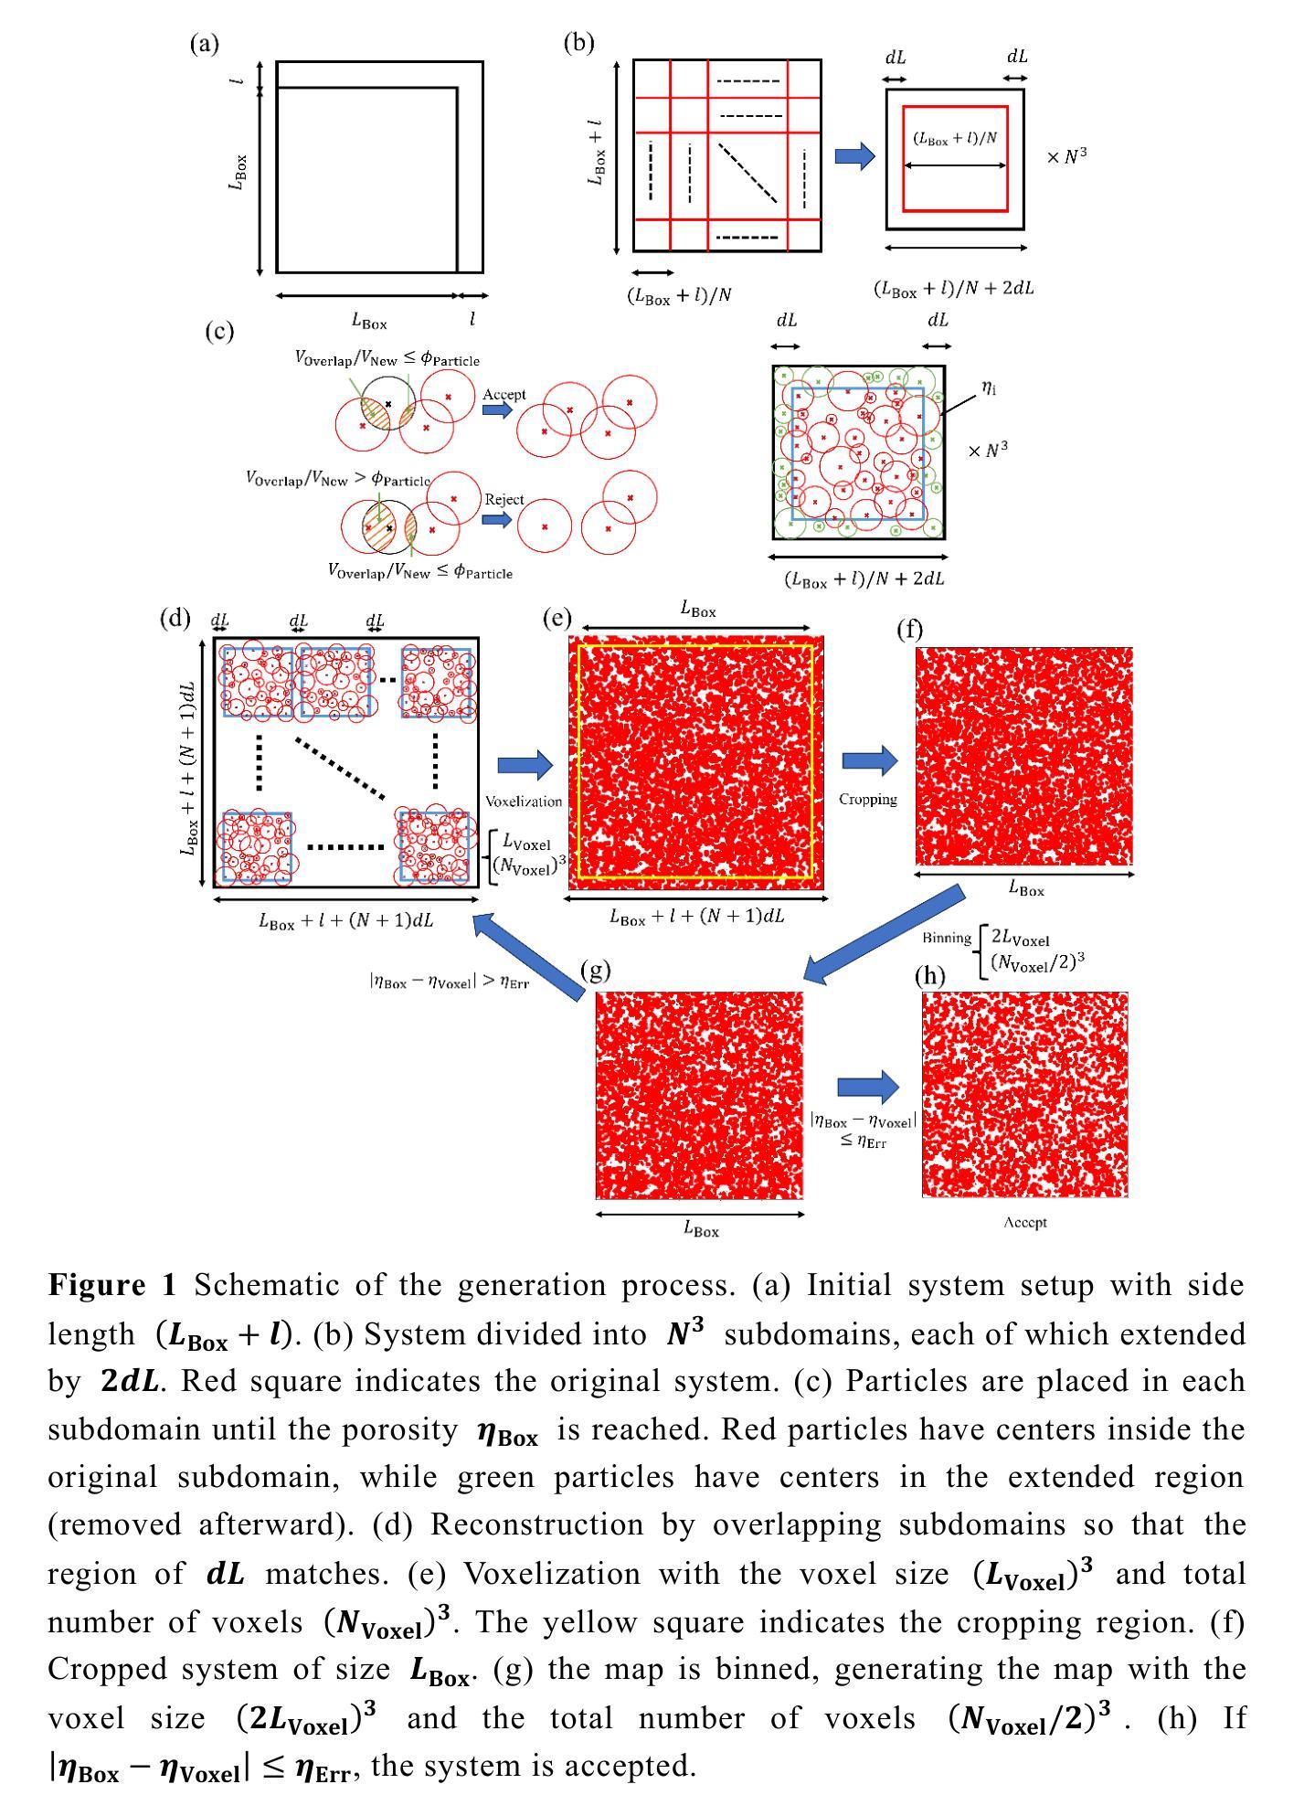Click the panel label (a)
click(204, 43)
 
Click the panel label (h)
click(930, 977)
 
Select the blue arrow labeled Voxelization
click(525, 765)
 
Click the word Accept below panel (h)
click(1024, 1222)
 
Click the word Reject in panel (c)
click(504, 500)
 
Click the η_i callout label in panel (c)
click(989, 388)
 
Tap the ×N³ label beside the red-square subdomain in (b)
click(1066, 156)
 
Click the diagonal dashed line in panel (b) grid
click(747, 172)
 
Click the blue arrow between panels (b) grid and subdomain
click(855, 156)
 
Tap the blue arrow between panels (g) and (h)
click(868, 1087)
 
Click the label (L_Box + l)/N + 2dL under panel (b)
click(954, 289)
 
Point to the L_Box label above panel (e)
click(698, 611)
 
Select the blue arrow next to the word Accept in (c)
click(498, 410)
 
